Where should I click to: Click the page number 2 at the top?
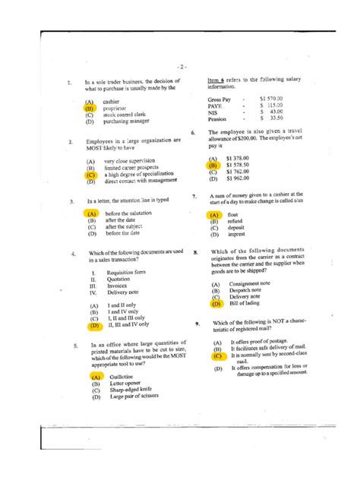[180, 66]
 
